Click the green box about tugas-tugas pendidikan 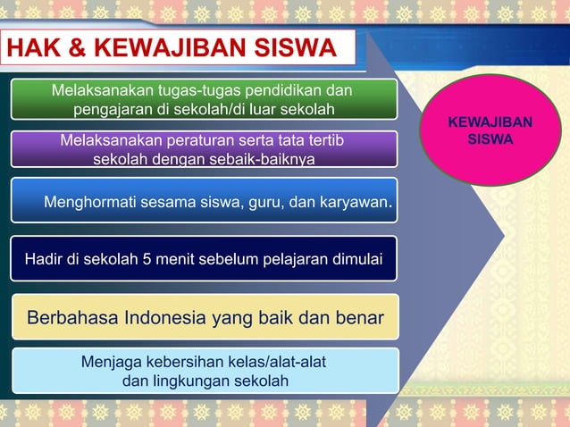(x=204, y=100)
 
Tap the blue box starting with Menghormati (x=204, y=201)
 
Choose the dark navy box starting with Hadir (x=204, y=259)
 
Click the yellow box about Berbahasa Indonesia (x=204, y=317)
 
